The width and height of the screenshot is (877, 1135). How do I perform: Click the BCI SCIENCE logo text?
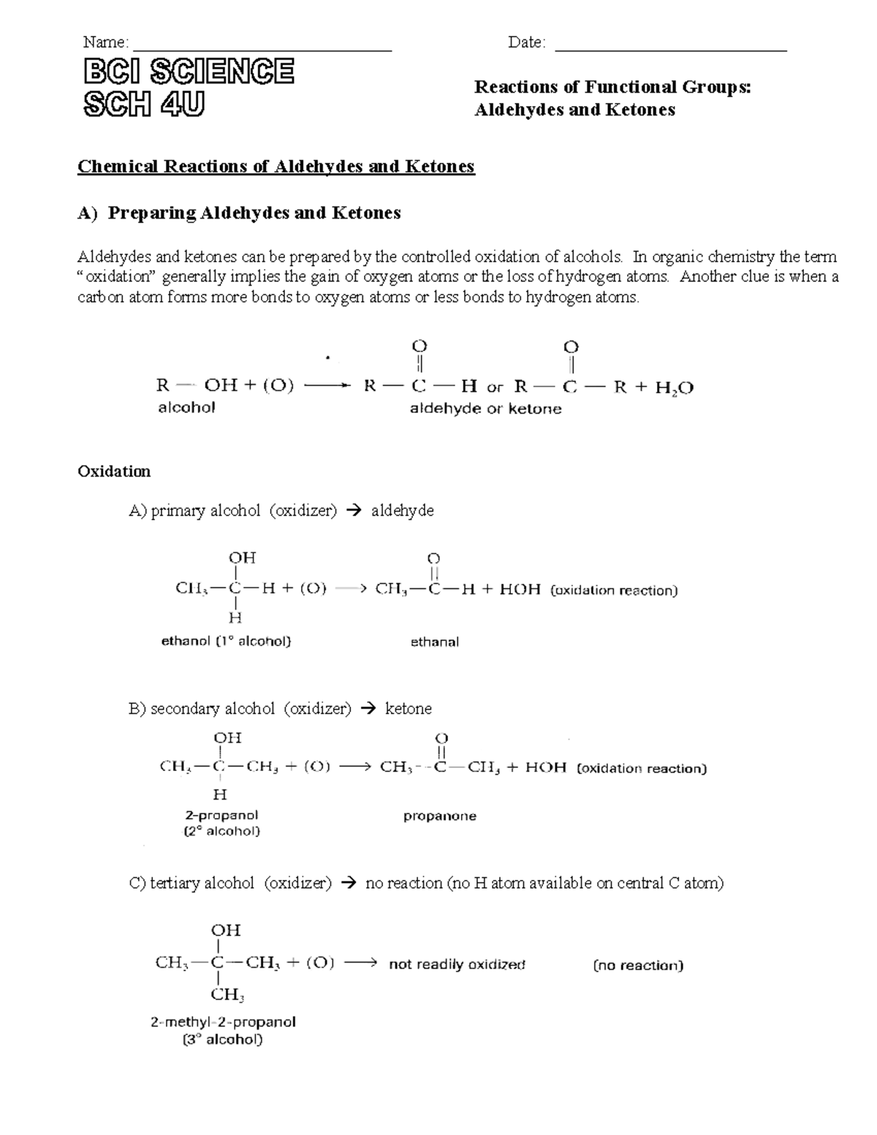pyautogui.click(x=189, y=72)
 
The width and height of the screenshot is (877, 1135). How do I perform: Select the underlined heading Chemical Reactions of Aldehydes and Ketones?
pyautogui.click(x=276, y=167)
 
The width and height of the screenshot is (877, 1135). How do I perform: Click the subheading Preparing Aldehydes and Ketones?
pyautogui.click(x=254, y=213)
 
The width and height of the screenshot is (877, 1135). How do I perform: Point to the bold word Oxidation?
pyautogui.click(x=114, y=471)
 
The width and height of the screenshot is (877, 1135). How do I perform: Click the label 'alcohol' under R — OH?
pyautogui.click(x=186, y=408)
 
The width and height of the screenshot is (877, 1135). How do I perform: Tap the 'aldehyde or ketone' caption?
pyautogui.click(x=485, y=409)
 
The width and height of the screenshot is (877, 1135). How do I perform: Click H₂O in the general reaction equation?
pyautogui.click(x=674, y=387)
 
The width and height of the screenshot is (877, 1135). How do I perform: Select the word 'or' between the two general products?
pyautogui.click(x=495, y=387)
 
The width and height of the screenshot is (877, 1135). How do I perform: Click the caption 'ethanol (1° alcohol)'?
pyautogui.click(x=226, y=641)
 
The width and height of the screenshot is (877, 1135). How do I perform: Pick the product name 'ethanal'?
pyautogui.click(x=434, y=642)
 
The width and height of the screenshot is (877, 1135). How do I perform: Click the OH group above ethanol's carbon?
pyautogui.click(x=242, y=558)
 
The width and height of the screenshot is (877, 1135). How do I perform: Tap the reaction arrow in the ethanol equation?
pyautogui.click(x=349, y=589)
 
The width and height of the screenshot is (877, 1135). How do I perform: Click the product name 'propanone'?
pyautogui.click(x=439, y=816)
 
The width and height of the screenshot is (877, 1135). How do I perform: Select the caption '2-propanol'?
pyautogui.click(x=221, y=815)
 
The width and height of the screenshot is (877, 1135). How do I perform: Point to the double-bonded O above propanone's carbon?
pyautogui.click(x=441, y=739)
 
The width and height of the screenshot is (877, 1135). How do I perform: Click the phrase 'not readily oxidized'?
pyautogui.click(x=457, y=964)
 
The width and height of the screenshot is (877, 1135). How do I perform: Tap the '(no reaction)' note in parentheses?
pyautogui.click(x=638, y=965)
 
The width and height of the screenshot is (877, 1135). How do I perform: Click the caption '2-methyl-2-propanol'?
pyautogui.click(x=223, y=1022)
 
